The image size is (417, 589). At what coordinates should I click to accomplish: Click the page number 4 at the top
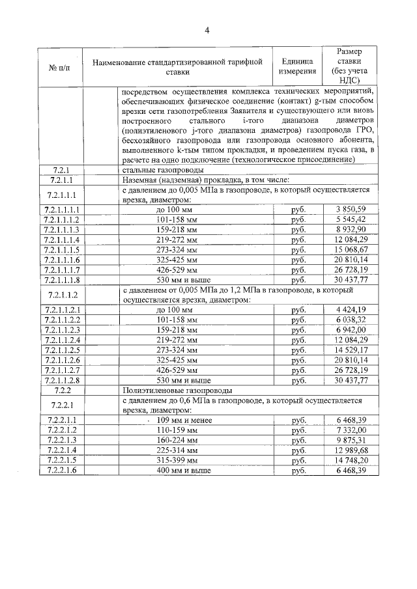(x=207, y=30)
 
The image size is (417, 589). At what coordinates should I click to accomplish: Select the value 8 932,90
(x=351, y=230)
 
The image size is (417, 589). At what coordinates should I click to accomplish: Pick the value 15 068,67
(x=351, y=250)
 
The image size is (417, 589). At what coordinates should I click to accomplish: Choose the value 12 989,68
(x=351, y=450)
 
